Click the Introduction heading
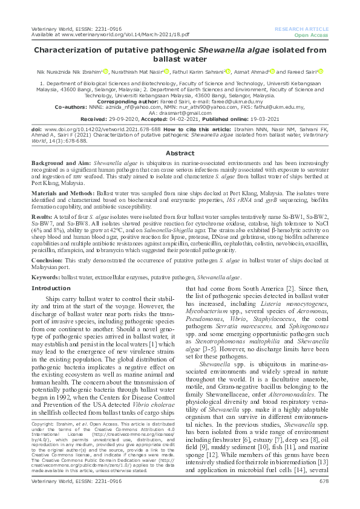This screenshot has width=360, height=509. coord(50,288)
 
